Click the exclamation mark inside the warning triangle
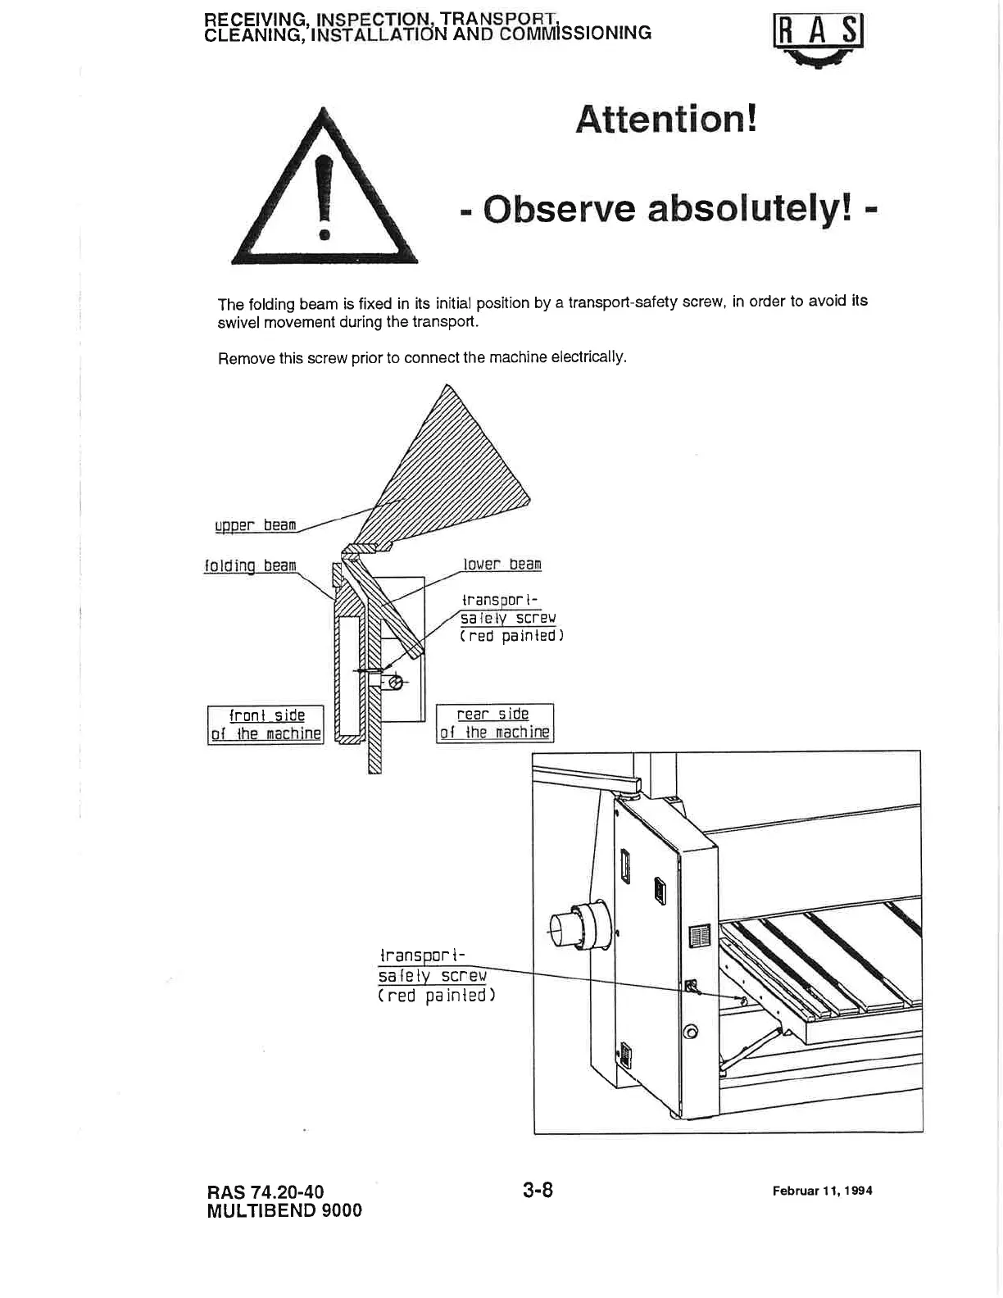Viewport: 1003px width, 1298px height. pyautogui.click(x=324, y=197)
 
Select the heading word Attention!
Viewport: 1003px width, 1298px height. pyautogui.click(x=665, y=120)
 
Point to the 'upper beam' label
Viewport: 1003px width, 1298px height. pyautogui.click(x=255, y=525)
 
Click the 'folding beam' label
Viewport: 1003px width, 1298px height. pyautogui.click(x=249, y=565)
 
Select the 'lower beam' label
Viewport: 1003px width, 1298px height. pyautogui.click(x=502, y=565)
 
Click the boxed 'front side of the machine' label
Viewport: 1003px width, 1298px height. pyautogui.click(x=265, y=724)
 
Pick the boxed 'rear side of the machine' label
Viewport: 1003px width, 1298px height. pyautogui.click(x=494, y=723)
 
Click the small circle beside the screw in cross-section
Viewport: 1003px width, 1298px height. pyautogui.click(x=395, y=682)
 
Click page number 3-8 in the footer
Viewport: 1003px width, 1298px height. pyautogui.click(x=538, y=1190)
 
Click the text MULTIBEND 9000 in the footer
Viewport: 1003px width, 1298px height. pyautogui.click(x=284, y=1210)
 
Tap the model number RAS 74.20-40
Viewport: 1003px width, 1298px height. pyautogui.click(x=270, y=1191)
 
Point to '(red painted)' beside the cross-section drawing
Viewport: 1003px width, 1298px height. pyautogui.click(x=511, y=636)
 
